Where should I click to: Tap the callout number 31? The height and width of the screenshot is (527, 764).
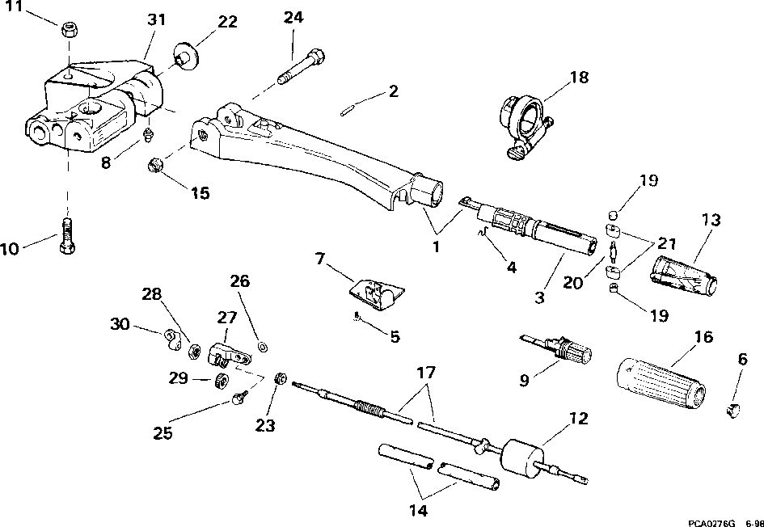click(x=156, y=19)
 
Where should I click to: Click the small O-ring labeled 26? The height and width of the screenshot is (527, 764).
click(x=263, y=347)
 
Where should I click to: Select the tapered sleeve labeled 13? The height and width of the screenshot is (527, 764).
click(x=684, y=275)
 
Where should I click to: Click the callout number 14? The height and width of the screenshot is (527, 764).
click(x=419, y=511)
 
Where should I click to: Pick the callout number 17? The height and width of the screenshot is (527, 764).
click(x=425, y=373)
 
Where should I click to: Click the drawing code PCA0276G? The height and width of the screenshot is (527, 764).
click(x=711, y=522)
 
